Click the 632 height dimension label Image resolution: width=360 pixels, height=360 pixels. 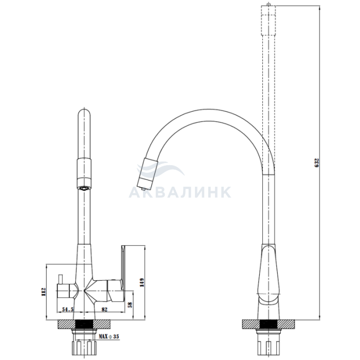tap(317, 163)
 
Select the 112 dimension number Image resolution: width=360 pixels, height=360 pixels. tap(44, 292)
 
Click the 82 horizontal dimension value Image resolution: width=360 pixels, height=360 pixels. tap(104, 309)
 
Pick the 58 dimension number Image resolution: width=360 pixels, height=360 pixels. tap(130, 304)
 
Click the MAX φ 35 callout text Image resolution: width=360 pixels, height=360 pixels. tap(109, 336)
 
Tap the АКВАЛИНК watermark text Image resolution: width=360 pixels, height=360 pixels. tap(180, 192)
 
